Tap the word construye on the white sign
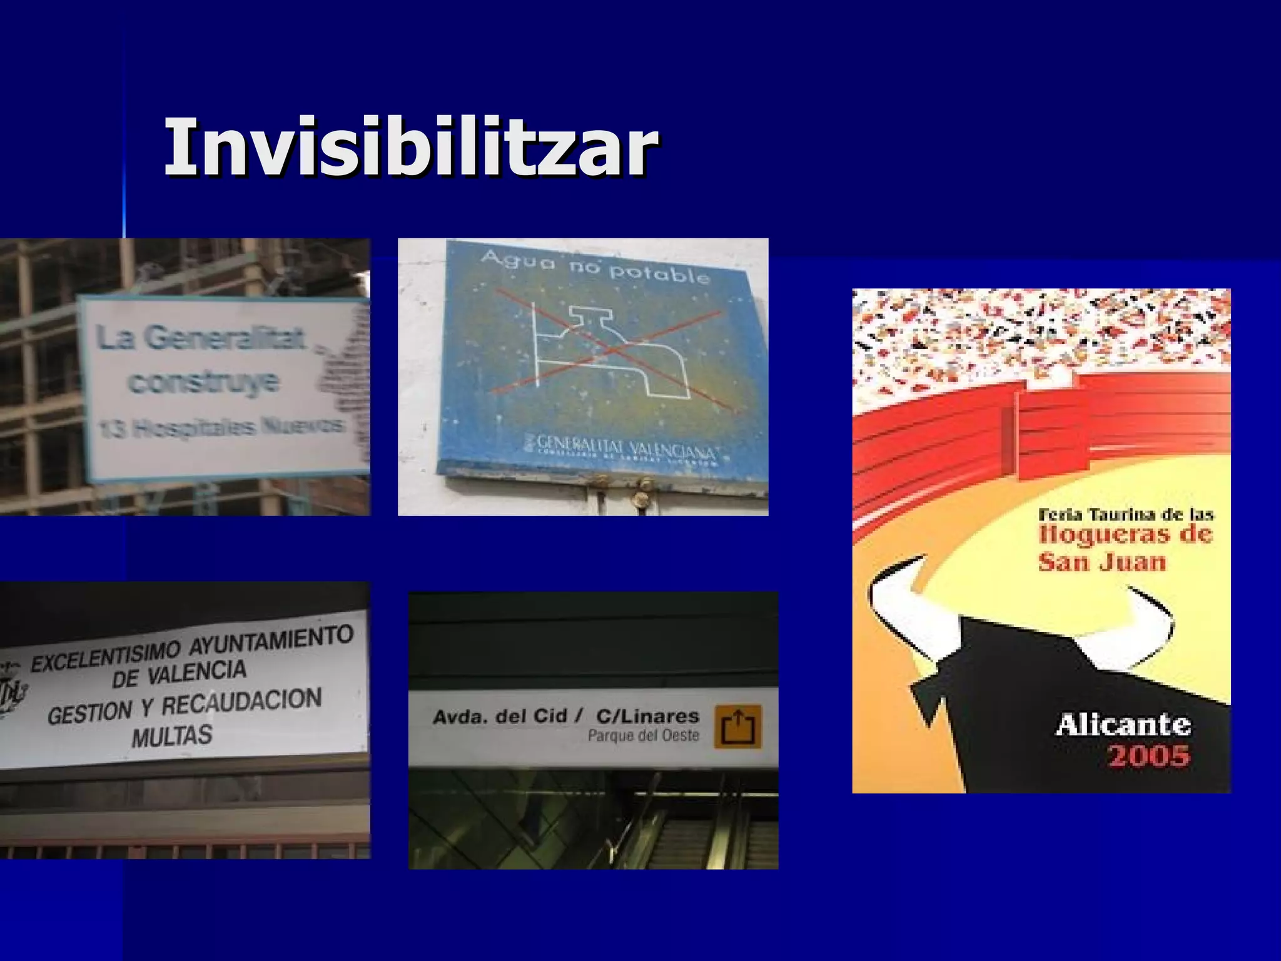tap(204, 382)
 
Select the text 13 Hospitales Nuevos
tap(221, 428)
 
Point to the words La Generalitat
tap(200, 338)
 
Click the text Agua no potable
tap(595, 267)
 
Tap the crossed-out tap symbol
tap(610, 350)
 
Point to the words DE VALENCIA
tap(180, 674)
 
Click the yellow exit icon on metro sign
tap(738, 726)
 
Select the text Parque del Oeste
tap(643, 736)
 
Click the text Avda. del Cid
tap(500, 716)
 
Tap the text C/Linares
tap(647, 716)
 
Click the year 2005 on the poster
tap(1148, 756)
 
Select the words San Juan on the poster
tap(1102, 561)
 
